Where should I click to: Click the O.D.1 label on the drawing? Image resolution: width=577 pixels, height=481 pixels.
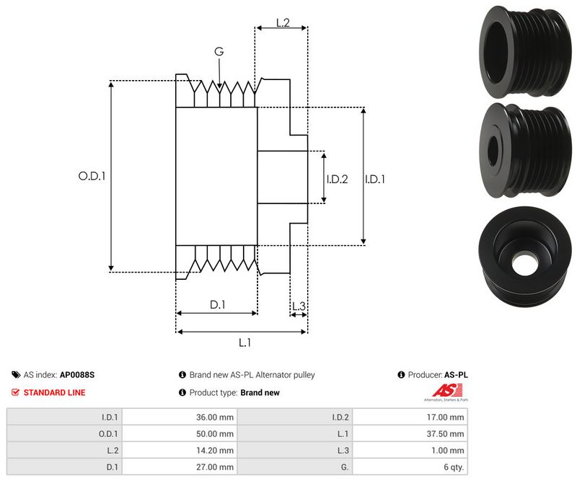92,175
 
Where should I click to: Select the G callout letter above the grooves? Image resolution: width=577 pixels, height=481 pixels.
219,51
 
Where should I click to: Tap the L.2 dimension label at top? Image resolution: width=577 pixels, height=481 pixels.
282,22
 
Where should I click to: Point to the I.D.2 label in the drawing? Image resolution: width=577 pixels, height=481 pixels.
337,179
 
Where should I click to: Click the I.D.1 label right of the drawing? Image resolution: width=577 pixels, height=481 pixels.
374,179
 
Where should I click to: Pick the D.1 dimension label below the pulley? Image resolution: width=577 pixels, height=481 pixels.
218,305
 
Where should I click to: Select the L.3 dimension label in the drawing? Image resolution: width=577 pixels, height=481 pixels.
299,306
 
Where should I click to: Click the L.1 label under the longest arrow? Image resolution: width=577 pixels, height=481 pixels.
245,343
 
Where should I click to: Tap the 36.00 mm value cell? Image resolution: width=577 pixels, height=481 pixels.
216,416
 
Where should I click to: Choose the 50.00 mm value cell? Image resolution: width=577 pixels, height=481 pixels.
216,433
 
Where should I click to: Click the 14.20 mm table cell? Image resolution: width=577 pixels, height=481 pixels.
216,450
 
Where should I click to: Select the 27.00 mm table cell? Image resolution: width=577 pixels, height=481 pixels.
216,467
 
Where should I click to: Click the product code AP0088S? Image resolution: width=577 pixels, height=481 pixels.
77,375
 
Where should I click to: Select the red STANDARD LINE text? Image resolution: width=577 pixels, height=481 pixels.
54,392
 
